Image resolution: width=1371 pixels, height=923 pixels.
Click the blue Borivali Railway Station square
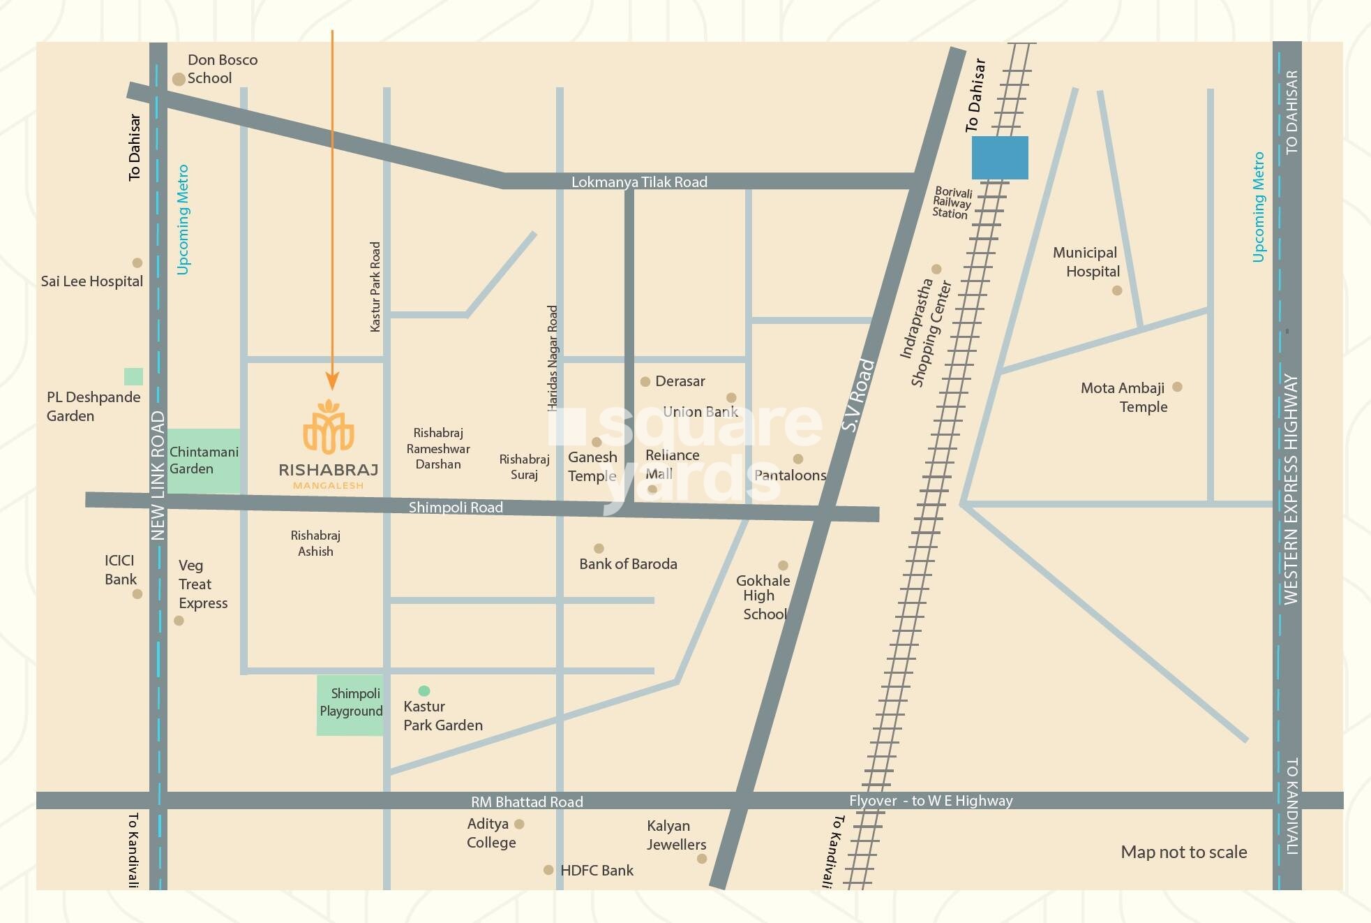(1000, 158)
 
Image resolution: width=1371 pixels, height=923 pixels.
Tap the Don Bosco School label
(221, 69)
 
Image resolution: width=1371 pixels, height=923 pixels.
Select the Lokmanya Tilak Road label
(639, 182)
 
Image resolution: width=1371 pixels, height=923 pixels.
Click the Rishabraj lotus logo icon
(329, 427)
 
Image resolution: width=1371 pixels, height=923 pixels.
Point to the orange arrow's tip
(332, 387)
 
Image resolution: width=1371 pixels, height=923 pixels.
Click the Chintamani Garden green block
(204, 461)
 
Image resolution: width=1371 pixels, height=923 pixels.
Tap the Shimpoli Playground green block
(350, 704)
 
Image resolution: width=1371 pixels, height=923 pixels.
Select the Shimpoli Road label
(456, 508)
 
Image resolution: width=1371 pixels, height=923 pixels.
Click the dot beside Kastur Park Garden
(424, 691)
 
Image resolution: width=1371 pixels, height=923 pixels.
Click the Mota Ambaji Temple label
(1123, 397)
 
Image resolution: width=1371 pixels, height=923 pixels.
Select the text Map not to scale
(1183, 852)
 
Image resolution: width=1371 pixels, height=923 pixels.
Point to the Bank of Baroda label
(628, 564)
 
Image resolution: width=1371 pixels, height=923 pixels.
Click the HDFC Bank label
(597, 871)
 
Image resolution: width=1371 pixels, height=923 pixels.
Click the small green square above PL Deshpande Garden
(133, 377)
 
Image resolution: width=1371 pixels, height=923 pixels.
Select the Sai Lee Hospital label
(91, 281)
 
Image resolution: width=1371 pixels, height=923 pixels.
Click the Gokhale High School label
(763, 597)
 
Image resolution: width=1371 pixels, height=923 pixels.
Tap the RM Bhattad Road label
(527, 802)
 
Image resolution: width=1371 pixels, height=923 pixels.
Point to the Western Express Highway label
(1290, 489)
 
